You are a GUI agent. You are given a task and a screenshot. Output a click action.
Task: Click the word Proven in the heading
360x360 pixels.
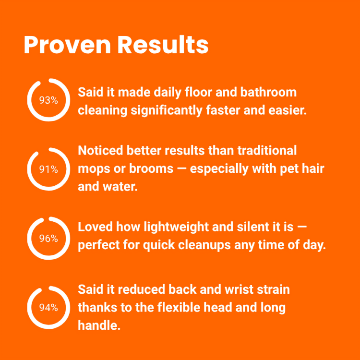tap(68, 45)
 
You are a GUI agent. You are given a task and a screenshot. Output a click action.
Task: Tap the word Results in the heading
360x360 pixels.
tap(163, 45)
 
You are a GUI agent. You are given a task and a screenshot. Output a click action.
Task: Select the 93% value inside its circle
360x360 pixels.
tap(48, 100)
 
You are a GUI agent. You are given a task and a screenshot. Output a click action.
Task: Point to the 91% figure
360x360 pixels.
tap(48, 169)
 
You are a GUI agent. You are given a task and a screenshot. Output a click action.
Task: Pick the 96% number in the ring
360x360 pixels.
tap(48, 239)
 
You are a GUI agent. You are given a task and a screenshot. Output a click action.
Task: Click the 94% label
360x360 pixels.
tap(48, 308)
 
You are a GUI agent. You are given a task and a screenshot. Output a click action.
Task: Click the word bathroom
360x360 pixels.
tap(268, 92)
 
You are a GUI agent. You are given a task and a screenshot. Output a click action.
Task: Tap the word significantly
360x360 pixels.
tap(167, 111)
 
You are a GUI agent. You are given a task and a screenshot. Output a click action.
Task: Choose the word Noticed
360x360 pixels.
tap(100, 151)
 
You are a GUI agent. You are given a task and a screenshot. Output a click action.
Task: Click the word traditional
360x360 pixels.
tap(267, 151)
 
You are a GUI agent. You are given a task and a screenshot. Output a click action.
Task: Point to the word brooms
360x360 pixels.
tap(151, 168)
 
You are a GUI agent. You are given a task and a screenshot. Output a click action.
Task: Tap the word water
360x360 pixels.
tap(120, 186)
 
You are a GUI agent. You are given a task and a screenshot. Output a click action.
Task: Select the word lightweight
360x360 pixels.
tap(176, 228)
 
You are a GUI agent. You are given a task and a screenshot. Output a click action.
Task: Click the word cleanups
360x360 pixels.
tap(204, 245)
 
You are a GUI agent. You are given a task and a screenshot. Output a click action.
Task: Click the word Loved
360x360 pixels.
tap(96, 227)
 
